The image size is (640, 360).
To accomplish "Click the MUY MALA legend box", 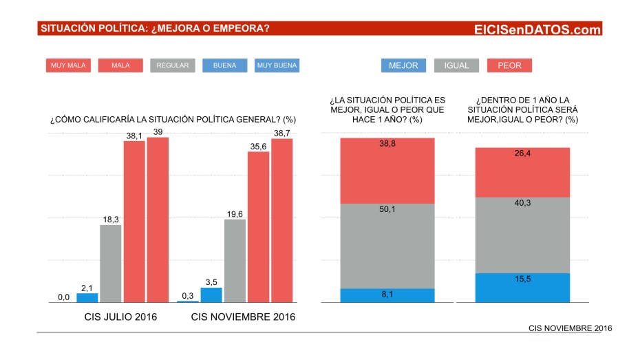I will (67, 66).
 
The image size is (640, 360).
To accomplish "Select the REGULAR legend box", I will (172, 66).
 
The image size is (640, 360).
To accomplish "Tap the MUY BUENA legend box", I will (277, 66).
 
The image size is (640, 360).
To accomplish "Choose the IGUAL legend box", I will (457, 66).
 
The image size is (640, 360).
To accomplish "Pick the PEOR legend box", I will (509, 66).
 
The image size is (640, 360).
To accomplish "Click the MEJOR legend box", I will (403, 66).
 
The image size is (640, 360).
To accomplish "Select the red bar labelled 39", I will (158, 220).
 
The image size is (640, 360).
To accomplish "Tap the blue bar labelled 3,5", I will (211, 295).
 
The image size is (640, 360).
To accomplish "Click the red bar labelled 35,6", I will (258, 227).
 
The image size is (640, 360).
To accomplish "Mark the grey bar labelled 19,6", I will (235, 261).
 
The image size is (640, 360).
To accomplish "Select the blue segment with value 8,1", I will (387, 295).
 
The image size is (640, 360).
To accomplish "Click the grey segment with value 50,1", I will (387, 246).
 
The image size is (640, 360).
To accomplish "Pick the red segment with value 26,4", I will (522, 173).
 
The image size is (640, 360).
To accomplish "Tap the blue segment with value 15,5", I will (522, 288).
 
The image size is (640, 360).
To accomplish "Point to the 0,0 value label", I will (63, 298).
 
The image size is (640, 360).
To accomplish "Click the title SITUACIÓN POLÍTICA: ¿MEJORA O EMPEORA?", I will (155, 29).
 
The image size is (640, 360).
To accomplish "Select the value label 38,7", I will (282, 132).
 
